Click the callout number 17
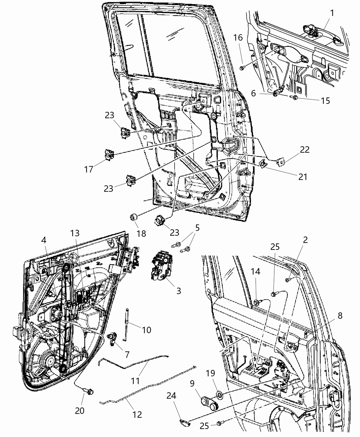(x=89, y=169)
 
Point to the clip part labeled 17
(x=109, y=155)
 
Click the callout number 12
(x=137, y=414)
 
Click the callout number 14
(x=255, y=272)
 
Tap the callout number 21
(x=302, y=177)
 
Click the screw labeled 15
(x=295, y=98)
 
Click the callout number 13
(x=75, y=233)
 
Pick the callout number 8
(x=340, y=316)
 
